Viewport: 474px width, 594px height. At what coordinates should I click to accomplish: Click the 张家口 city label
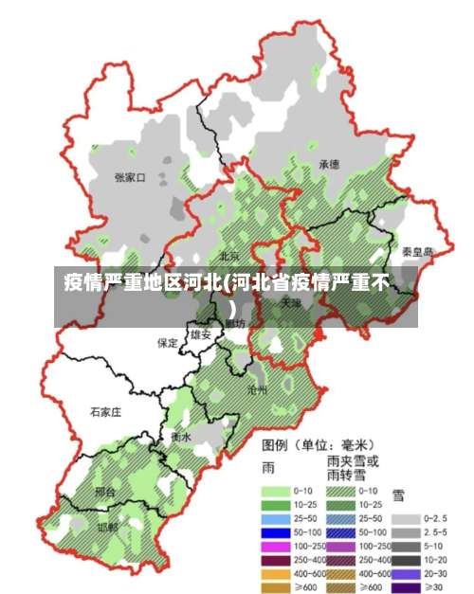pyautogui.click(x=130, y=176)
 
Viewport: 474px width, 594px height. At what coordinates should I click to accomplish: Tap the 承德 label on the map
pyautogui.click(x=329, y=164)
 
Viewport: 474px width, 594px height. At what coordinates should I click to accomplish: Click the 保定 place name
pyautogui.click(x=168, y=343)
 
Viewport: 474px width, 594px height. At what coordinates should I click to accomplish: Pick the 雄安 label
pyautogui.click(x=200, y=334)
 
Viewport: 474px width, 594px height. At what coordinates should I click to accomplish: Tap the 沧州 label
pyautogui.click(x=257, y=389)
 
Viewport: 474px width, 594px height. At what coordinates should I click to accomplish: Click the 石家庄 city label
pyautogui.click(x=106, y=412)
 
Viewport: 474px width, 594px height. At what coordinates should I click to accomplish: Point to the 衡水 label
pyautogui.click(x=181, y=438)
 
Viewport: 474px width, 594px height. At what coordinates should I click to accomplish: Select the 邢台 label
pyautogui.click(x=105, y=493)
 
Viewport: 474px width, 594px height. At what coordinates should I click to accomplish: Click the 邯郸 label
pyautogui.click(x=107, y=527)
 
